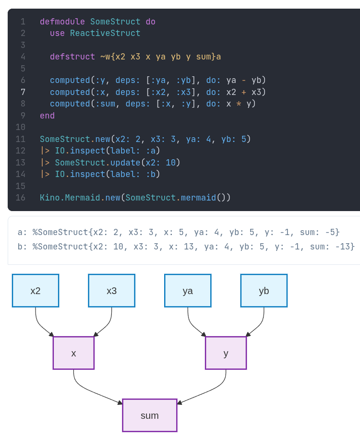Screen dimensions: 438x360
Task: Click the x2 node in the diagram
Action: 36,291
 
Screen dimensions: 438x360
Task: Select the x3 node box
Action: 111,291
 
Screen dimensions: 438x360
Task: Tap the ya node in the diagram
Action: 188,291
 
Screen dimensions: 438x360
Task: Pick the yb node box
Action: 264,291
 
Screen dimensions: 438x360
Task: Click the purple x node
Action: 73,353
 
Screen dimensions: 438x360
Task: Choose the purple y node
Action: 226,353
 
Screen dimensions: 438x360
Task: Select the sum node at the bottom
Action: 150,415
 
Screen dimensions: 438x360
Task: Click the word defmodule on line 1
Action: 62,22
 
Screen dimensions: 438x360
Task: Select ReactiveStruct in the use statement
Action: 105,33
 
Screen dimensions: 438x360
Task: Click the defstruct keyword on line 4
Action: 72,57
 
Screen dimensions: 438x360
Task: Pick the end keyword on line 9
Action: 47,116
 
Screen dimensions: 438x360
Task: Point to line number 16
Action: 20,198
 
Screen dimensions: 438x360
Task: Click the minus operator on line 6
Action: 244,80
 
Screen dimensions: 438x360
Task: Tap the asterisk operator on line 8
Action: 239,104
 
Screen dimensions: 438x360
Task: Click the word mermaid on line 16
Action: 198,198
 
